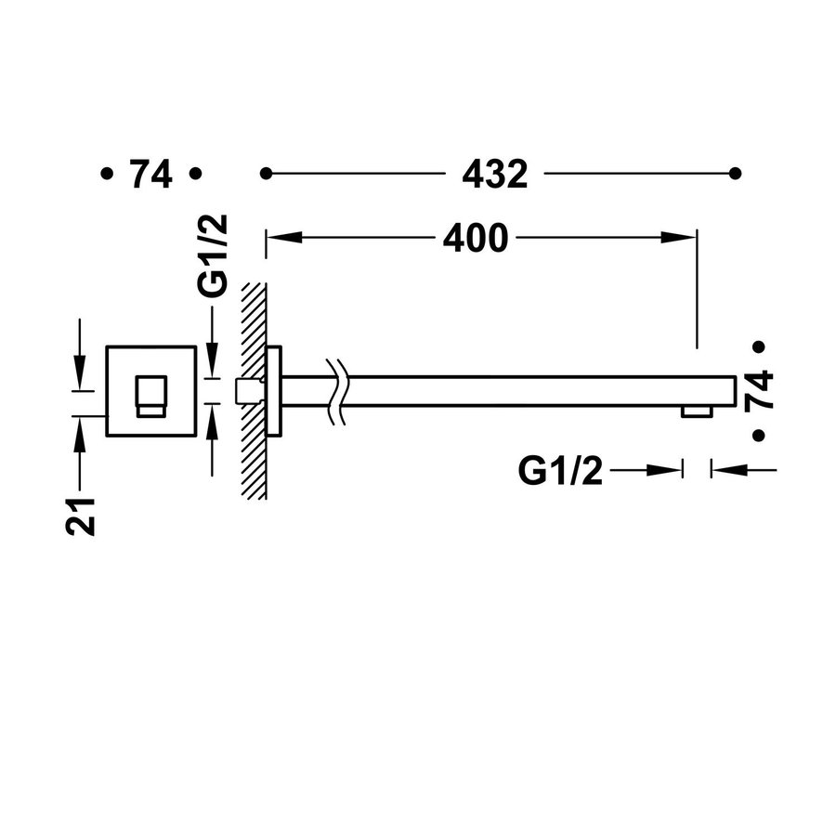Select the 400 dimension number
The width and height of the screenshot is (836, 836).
[x=475, y=239]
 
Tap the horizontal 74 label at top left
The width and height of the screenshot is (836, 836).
[x=150, y=174]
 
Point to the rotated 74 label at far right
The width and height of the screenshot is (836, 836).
[x=759, y=390]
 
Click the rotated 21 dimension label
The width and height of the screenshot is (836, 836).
[x=81, y=515]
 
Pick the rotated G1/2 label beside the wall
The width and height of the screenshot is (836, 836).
[x=214, y=267]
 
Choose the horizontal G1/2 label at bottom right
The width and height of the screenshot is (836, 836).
[x=560, y=472]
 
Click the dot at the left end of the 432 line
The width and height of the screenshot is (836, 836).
[x=266, y=174]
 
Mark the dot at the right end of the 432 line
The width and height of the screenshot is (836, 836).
[x=735, y=174]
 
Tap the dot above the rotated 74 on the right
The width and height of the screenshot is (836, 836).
[x=759, y=346]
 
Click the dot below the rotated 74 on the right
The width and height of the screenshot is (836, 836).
[x=759, y=435]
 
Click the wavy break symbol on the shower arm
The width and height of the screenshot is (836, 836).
[x=336, y=391]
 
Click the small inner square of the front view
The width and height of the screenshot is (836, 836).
[x=151, y=397]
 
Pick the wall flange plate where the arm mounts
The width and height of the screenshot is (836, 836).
[x=274, y=391]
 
